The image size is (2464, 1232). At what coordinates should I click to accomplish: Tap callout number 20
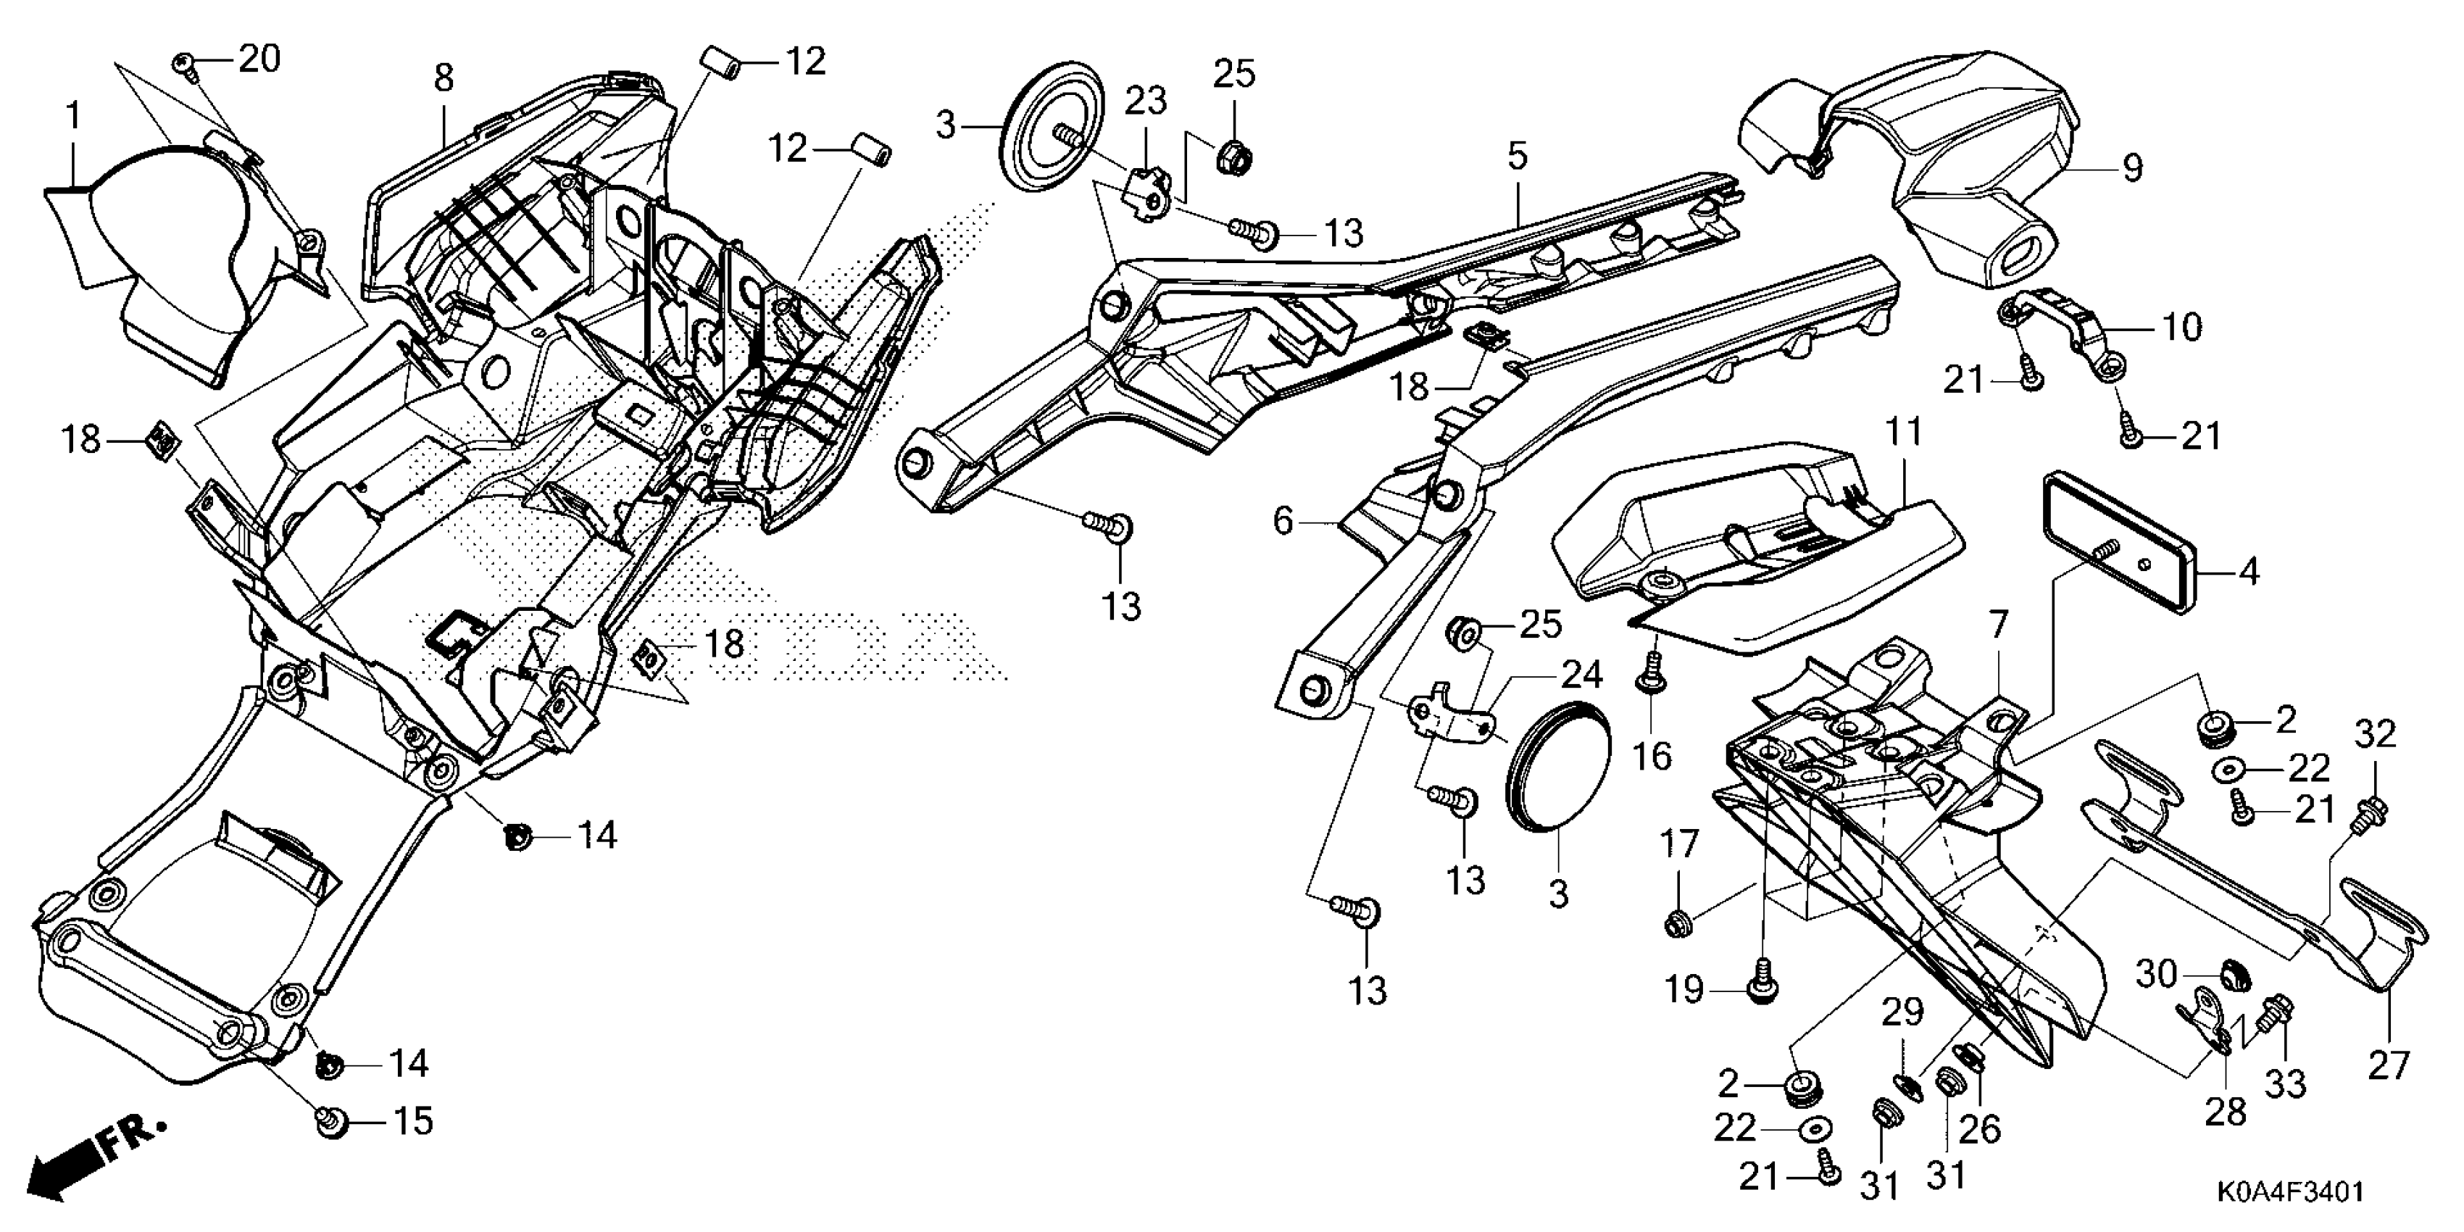259,59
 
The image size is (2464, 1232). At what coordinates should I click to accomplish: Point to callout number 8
443,78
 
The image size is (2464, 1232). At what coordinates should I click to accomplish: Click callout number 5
1518,156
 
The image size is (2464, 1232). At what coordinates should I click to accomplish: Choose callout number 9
2132,168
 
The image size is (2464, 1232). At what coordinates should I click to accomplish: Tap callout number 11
1905,433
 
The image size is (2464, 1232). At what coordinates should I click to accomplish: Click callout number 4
2249,572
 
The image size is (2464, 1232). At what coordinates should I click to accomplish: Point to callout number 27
2387,1065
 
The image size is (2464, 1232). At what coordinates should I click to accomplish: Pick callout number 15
413,1120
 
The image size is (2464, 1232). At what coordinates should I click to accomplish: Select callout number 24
1581,675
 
